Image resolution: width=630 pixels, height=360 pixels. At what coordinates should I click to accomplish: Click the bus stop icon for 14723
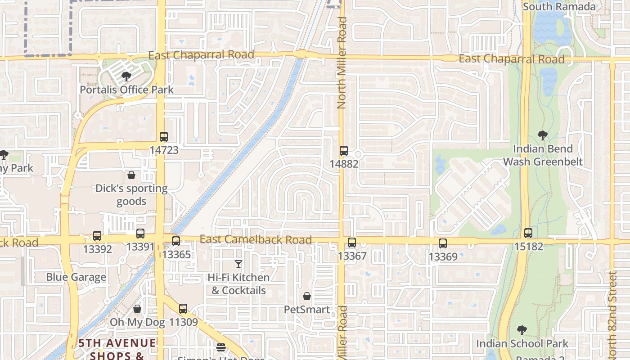164,137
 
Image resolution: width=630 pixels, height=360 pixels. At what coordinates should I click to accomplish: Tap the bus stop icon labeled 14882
344,151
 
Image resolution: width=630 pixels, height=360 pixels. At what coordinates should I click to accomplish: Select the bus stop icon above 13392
97,235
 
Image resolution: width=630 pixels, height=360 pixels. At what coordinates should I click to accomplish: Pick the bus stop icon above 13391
140,234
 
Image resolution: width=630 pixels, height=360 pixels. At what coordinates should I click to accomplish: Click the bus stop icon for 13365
176,241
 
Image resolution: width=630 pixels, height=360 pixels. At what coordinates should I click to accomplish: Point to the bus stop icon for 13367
352,243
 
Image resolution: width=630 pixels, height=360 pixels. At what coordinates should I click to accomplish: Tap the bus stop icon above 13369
443,243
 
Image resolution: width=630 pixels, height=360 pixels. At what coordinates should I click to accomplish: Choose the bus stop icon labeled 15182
528,233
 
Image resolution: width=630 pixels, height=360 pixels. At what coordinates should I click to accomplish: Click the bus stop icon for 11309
183,309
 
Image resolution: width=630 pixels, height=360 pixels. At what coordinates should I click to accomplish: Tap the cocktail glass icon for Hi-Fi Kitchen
238,264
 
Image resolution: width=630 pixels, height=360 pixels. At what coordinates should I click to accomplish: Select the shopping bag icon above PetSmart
307,296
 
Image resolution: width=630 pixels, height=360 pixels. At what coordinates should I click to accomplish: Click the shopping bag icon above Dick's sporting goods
131,175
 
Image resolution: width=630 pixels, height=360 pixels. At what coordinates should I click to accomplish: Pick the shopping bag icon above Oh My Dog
137,309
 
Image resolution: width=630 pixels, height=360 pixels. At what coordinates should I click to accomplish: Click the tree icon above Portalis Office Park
126,76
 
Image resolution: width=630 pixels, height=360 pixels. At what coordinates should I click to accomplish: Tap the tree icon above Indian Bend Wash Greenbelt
543,135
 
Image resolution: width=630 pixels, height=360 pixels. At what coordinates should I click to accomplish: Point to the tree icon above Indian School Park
522,330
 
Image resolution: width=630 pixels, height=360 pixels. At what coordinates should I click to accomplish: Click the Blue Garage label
76,277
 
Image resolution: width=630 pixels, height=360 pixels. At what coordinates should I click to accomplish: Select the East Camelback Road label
256,239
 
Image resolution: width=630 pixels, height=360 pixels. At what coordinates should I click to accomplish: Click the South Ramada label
559,7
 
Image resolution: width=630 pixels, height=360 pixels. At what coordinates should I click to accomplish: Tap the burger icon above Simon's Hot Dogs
220,347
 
